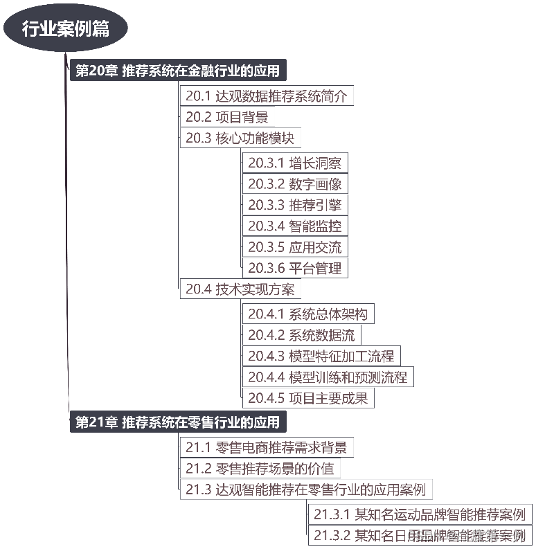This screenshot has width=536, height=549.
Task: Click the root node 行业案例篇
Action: pos(65,29)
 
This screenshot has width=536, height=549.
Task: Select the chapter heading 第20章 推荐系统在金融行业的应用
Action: pos(178,71)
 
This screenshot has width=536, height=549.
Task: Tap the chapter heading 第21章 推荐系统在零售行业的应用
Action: pos(178,422)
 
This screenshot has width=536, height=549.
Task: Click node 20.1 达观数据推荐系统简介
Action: pos(267,96)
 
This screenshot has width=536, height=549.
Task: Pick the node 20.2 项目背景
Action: pos(226,117)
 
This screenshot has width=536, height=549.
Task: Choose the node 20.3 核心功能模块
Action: pos(240,138)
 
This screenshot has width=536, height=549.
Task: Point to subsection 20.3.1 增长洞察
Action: pos(294,163)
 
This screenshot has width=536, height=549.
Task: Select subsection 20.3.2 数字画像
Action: pos(294,184)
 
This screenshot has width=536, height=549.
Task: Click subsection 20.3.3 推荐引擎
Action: pos(294,205)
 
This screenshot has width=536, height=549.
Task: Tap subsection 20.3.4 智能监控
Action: pos(294,226)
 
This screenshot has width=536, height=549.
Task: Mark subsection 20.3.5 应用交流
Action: pos(294,247)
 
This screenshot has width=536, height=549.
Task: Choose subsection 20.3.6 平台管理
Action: pos(294,268)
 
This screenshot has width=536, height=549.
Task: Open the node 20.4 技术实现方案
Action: pos(240,289)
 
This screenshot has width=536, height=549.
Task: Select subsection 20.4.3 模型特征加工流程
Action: pos(321,356)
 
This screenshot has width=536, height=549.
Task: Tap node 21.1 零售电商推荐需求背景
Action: pos(267,447)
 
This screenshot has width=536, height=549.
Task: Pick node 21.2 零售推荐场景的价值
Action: pos(260,469)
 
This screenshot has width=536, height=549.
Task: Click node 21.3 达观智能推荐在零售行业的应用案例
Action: pos(305,489)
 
